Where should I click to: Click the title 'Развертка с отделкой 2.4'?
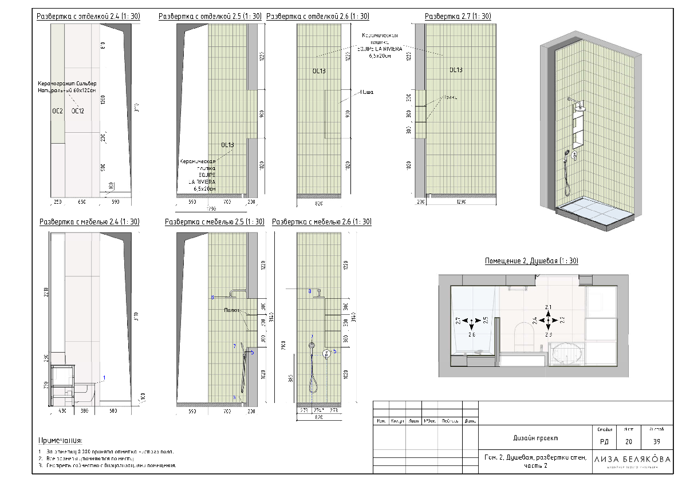pos(88,17)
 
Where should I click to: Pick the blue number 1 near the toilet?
pos(104,378)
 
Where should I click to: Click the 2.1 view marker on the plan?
pos(548,307)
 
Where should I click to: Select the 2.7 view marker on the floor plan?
pos(458,321)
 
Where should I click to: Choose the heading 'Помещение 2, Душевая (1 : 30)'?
pos(531,261)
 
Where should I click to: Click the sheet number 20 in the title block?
pos(628,441)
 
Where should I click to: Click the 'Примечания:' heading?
pos(60,441)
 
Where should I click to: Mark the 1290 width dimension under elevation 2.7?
pos(460,203)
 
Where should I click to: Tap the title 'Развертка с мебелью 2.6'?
pos(322,222)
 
